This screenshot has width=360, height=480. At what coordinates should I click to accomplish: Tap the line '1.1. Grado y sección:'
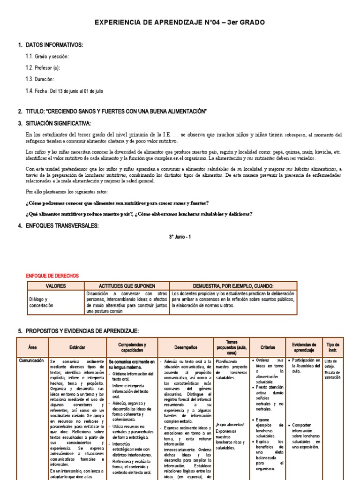[x=47, y=56]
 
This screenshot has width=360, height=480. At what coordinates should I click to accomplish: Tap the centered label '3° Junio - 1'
[x=180, y=237]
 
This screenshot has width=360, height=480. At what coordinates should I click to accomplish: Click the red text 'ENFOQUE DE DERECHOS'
[x=52, y=276]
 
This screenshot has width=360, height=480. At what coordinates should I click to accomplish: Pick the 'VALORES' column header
[x=56, y=285]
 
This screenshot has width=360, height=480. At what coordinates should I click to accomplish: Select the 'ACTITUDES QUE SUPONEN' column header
[x=127, y=285]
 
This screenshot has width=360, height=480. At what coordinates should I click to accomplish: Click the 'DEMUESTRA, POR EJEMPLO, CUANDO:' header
[x=233, y=285]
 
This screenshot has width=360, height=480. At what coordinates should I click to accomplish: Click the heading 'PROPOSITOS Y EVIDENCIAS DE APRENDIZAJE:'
[x=82, y=331]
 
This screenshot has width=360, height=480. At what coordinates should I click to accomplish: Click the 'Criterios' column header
[x=268, y=347]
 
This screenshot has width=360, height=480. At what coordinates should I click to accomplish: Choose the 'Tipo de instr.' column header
[x=333, y=347]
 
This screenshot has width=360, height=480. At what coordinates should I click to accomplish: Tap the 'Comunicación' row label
[x=31, y=360]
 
